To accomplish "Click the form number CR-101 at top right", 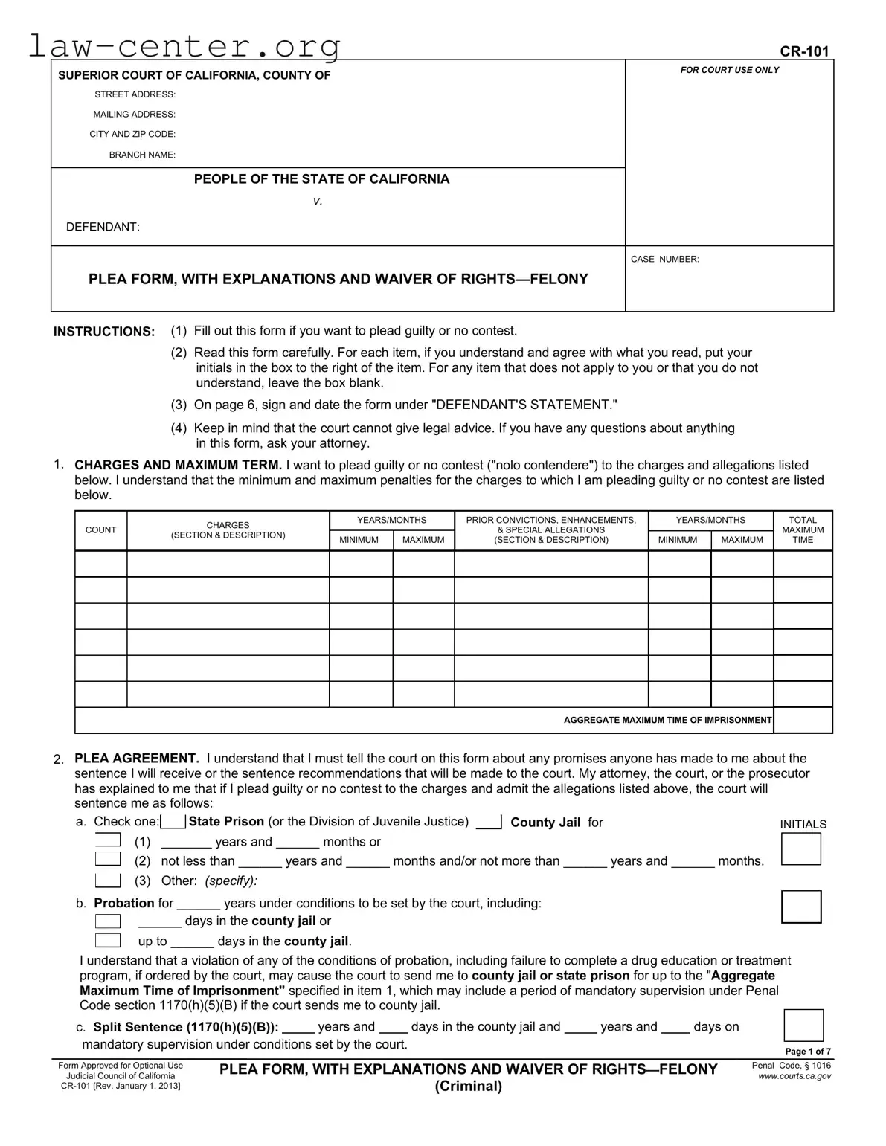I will [803, 51].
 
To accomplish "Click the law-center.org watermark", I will [184, 46].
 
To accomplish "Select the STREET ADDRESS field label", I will [135, 94].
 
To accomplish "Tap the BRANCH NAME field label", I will [142, 155].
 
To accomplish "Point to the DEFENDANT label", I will [103, 227].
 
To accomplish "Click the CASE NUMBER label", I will [664, 259].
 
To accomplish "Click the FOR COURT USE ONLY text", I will [729, 70].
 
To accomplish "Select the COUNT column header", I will [100, 530].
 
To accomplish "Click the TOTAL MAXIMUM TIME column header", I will [802, 530].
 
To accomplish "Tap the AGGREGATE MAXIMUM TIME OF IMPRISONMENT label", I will [667, 720].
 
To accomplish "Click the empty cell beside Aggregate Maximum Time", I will [802, 720].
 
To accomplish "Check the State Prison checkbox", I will [173, 822].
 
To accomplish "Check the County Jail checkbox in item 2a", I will [489, 822].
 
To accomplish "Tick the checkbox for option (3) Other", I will [108, 881].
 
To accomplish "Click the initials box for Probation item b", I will [801, 907].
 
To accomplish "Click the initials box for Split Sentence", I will [803, 1026].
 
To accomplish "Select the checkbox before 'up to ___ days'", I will [108, 940].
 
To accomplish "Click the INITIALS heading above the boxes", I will [803, 824].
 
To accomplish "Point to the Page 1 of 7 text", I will [808, 1052].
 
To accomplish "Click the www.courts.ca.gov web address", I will [794, 1076].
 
